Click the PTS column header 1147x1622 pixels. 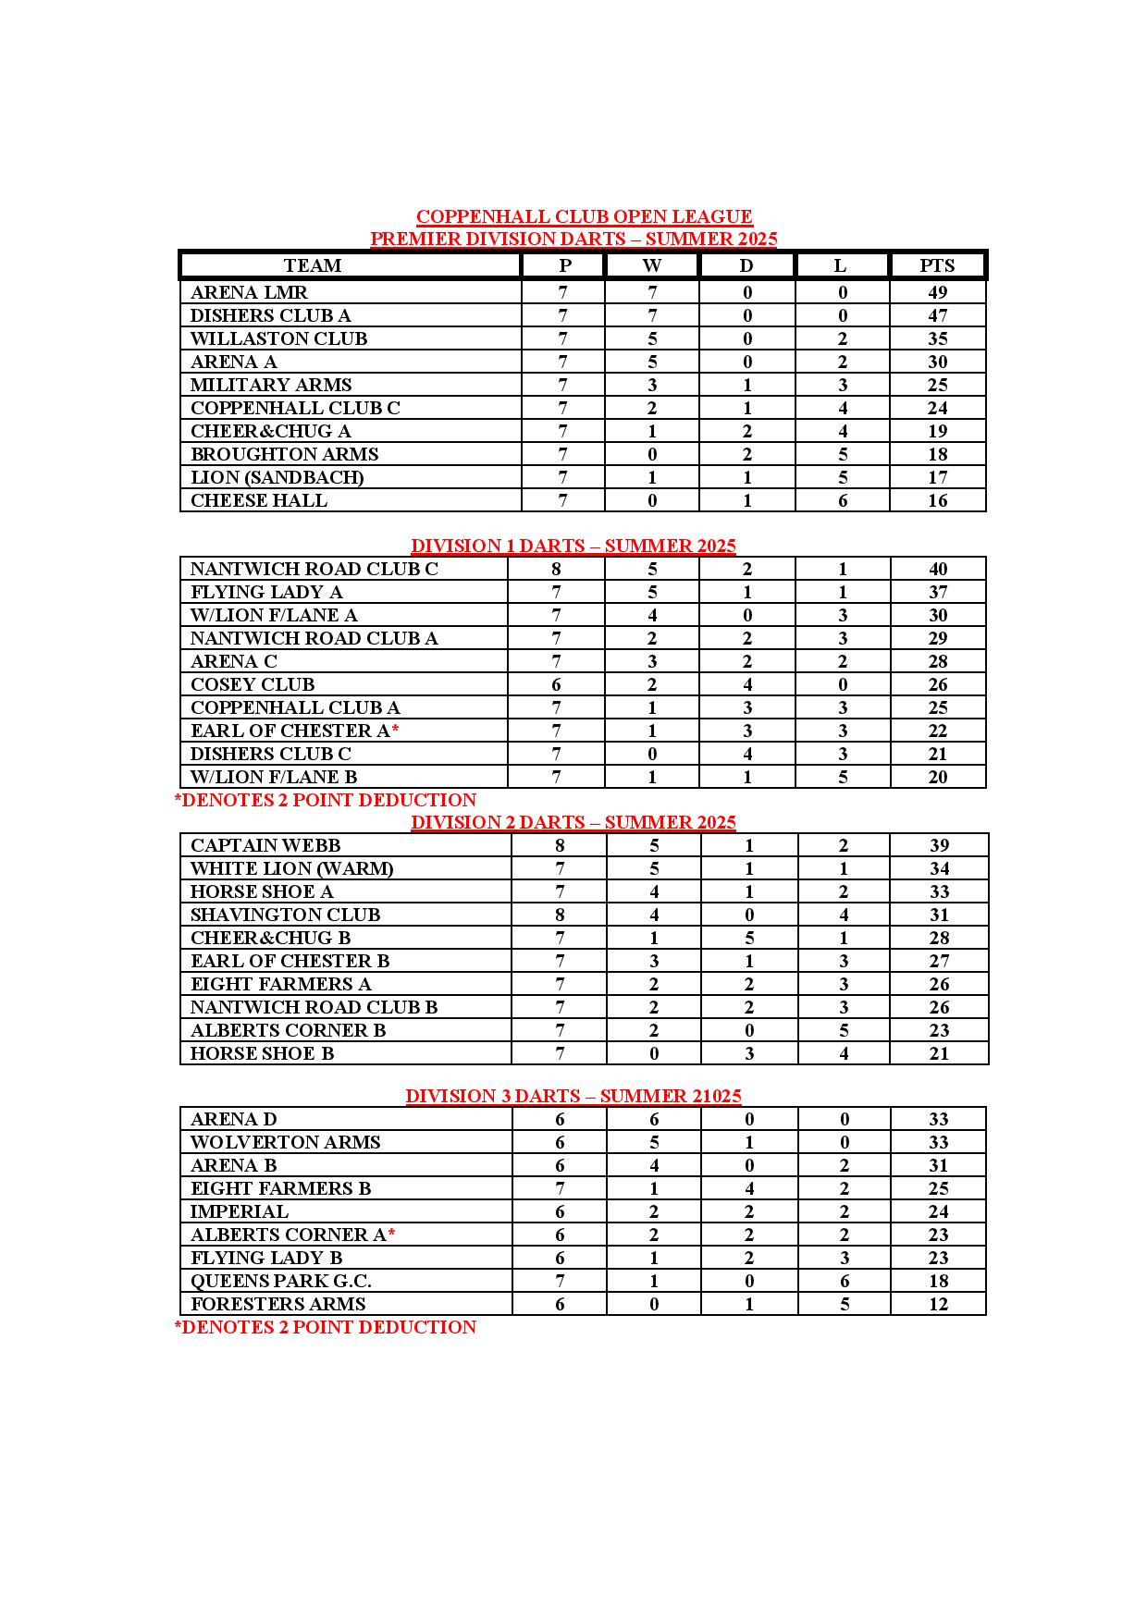click(x=937, y=265)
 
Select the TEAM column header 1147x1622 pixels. click(x=313, y=265)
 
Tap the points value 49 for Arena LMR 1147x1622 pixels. click(x=937, y=292)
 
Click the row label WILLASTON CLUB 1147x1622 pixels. click(x=278, y=338)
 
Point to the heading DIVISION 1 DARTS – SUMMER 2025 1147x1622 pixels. click(x=573, y=546)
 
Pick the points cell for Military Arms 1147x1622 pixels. click(x=937, y=385)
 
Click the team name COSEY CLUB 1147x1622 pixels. click(x=253, y=684)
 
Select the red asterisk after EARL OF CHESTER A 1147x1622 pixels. click(x=395, y=730)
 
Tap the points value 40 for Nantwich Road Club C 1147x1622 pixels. click(x=938, y=569)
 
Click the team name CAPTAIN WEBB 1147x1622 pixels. click(x=265, y=845)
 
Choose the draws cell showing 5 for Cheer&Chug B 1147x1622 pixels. click(x=749, y=938)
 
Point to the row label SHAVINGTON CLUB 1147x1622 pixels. click(x=285, y=915)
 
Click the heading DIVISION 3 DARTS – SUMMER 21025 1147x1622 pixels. click(x=573, y=1096)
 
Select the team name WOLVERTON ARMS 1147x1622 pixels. click(x=285, y=1142)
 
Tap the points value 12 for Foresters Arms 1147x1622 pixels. click(x=938, y=1304)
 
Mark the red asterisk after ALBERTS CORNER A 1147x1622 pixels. click(x=392, y=1234)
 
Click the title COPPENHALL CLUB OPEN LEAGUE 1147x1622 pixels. click(x=584, y=216)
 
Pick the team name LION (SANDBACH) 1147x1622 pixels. click(x=277, y=477)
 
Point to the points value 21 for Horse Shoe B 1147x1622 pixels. click(x=939, y=1053)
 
